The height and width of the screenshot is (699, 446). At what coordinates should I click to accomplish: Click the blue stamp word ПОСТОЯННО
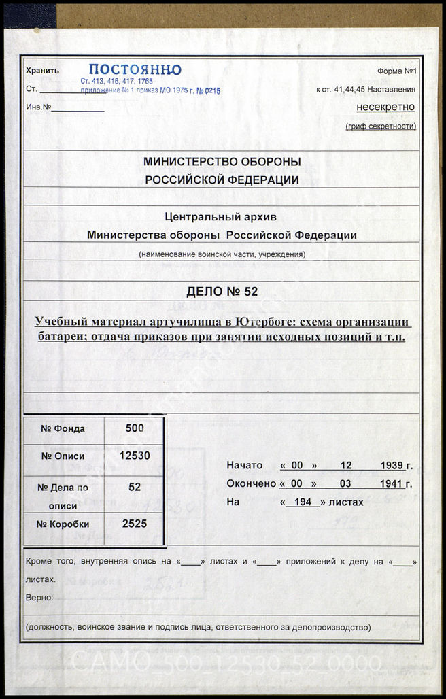click(135, 69)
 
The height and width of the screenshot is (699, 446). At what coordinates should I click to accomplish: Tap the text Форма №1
click(396, 71)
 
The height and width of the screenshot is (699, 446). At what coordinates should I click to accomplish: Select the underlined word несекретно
click(385, 107)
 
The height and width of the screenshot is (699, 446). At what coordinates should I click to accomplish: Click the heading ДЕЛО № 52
click(222, 292)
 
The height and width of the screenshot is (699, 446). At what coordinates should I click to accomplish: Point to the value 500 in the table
click(135, 428)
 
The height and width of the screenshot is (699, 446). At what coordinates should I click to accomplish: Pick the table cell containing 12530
click(135, 456)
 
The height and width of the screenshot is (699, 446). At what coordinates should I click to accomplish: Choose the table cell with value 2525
click(135, 524)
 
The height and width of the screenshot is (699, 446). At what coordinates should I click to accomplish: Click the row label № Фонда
click(63, 428)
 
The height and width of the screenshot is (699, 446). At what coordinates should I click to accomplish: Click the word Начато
click(245, 466)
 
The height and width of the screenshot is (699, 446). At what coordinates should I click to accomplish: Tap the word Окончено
click(251, 484)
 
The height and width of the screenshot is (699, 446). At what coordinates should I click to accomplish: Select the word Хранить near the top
click(42, 71)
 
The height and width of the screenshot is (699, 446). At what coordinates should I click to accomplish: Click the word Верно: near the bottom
click(39, 597)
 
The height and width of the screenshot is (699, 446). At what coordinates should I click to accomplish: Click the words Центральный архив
click(222, 217)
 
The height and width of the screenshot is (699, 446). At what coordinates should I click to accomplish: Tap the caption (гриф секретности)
click(381, 126)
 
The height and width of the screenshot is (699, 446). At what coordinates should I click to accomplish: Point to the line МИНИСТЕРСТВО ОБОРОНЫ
click(222, 162)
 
